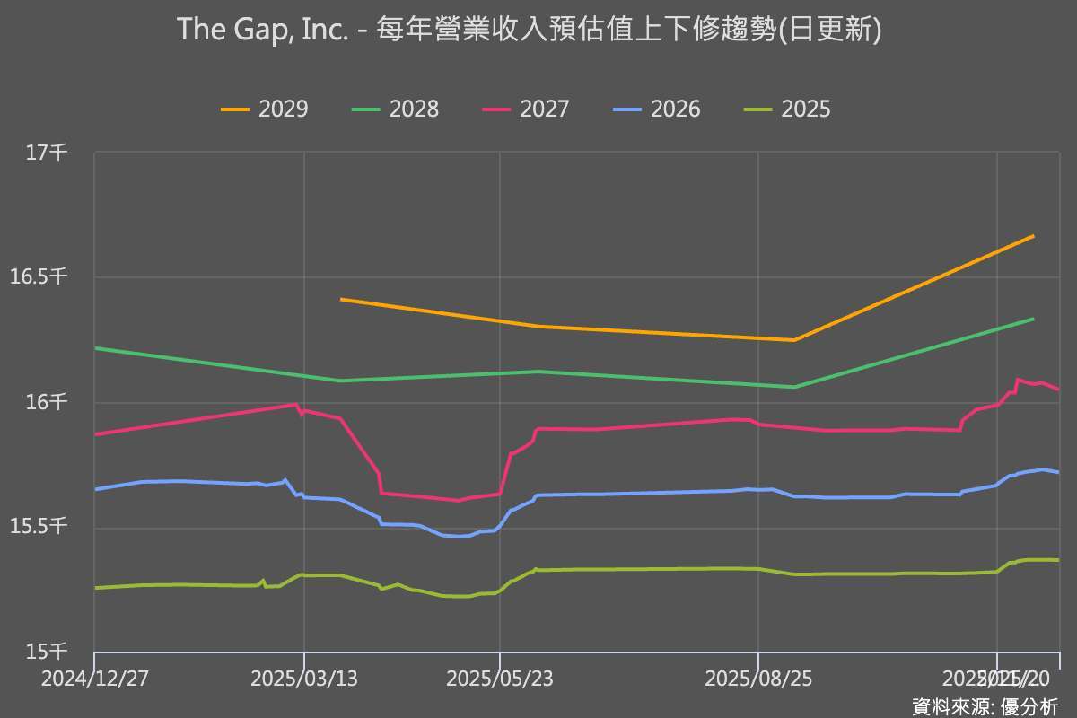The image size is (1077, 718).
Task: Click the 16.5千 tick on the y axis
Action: point(39,277)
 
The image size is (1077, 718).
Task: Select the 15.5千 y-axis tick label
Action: point(39,527)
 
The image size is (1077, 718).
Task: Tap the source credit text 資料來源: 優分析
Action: point(985,705)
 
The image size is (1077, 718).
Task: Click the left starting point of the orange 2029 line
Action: point(341,299)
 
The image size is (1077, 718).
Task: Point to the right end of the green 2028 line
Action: point(1033,319)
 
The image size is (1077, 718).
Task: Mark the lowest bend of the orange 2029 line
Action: point(793,340)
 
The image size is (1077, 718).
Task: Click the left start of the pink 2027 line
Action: point(95,434)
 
